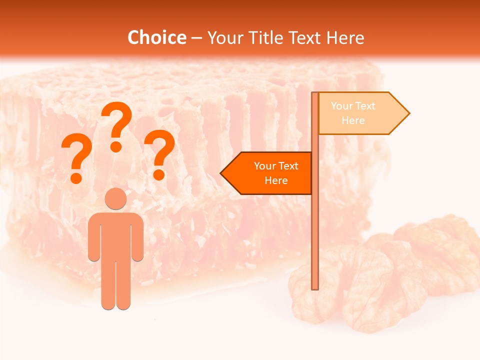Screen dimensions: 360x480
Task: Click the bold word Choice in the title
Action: point(156,37)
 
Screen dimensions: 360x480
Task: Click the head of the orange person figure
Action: point(115,198)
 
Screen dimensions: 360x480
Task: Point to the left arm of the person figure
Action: point(93,237)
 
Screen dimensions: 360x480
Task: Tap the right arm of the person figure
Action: point(138,237)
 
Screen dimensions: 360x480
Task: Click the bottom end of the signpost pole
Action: point(315,287)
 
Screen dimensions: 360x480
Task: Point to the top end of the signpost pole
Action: point(315,94)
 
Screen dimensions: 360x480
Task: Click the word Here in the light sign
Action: point(353,120)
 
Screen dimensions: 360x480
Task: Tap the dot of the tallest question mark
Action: point(116,146)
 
